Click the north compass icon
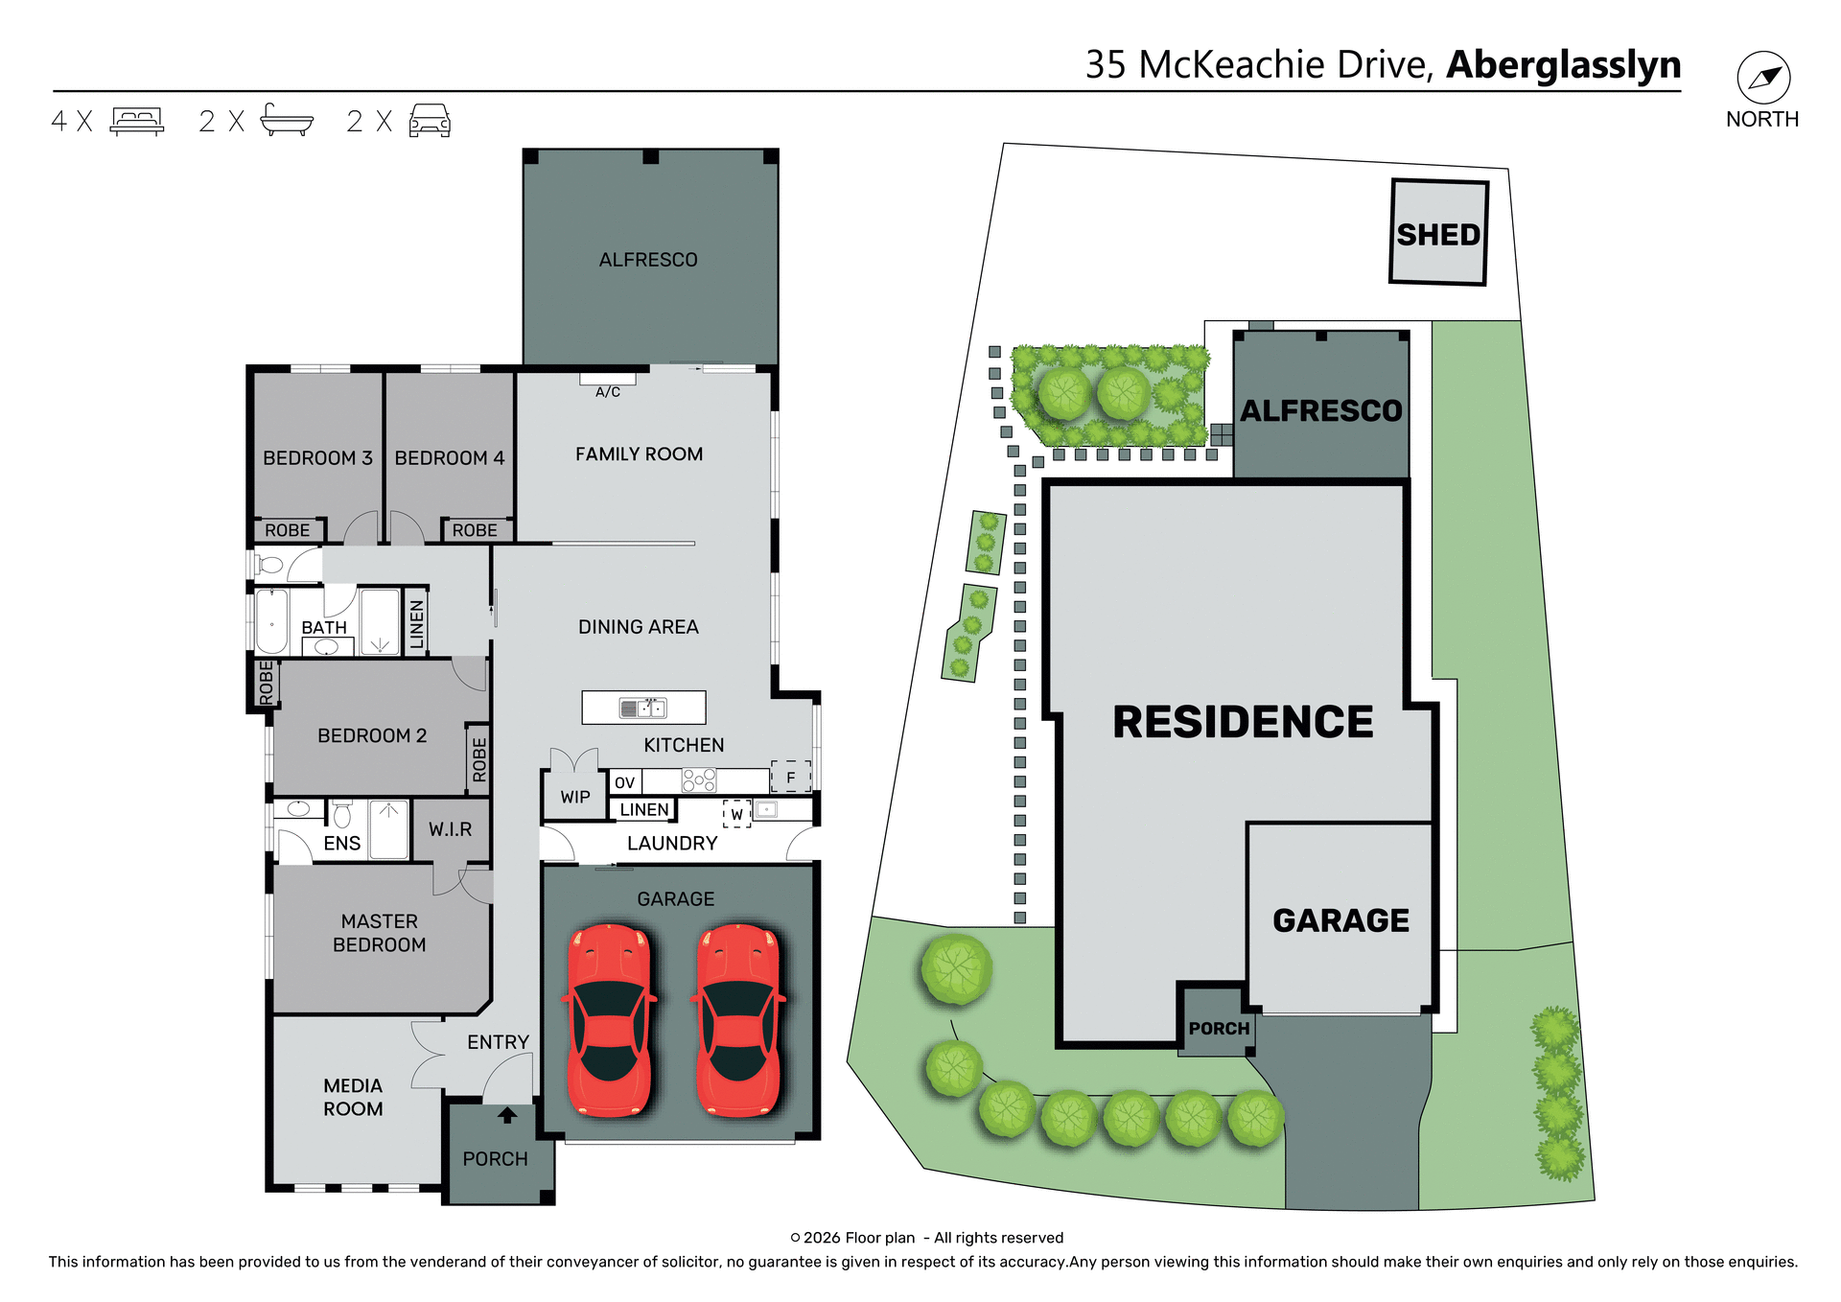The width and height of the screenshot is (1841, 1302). pos(1763,78)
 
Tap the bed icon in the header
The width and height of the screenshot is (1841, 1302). pos(137,121)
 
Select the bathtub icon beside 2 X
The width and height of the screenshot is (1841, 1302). pos(287,121)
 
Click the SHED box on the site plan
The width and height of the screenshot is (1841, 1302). pos(1438,233)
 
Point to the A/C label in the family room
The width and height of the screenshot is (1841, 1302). pos(608,391)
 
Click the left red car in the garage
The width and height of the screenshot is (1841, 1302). pos(610,1019)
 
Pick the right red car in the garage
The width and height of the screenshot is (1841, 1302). pos(738,1019)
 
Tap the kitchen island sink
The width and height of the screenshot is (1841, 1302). pos(643,709)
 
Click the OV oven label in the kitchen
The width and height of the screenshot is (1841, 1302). pos(624,782)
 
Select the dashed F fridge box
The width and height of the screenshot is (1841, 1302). pos(791,777)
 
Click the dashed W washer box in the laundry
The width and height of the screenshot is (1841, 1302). pos(736,814)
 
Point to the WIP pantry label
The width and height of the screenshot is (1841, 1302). pos(575,797)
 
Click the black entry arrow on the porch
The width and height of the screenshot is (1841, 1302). pos(507,1115)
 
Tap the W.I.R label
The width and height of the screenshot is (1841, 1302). pos(450,829)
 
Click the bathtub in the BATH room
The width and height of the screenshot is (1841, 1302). pos(272,622)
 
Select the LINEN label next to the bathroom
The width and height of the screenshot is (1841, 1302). pos(416,624)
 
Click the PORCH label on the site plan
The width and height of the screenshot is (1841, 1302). pos(1219,1028)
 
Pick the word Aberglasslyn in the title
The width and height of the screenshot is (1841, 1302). pos(1563,64)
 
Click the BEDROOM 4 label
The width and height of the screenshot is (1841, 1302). pos(449,457)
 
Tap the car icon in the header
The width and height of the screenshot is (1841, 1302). pos(430,121)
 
